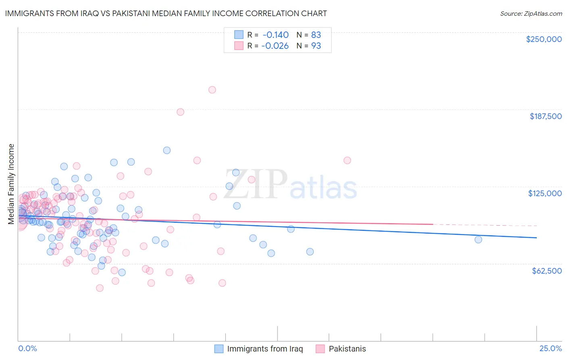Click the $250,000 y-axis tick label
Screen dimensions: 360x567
pos(544,39)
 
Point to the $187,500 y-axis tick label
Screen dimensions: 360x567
pos(545,116)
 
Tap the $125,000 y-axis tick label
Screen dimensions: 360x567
pos(545,193)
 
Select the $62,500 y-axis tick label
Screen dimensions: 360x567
pos(546,270)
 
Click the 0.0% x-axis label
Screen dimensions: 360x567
pos(27,348)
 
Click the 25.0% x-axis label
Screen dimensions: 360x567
pos(550,348)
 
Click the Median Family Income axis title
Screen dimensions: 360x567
pos(11,184)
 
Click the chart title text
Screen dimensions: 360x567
pos(166,13)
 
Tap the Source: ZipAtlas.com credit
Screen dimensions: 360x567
pos(531,13)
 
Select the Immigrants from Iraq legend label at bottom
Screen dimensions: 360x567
pos(265,349)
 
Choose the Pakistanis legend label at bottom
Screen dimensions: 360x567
pos(347,349)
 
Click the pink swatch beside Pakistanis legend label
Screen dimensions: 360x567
pos(320,349)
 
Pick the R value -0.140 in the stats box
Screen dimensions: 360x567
pos(275,35)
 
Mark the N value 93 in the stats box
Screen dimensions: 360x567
pos(316,46)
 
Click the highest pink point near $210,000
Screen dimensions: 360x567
pos(212,90)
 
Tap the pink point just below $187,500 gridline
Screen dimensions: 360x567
pos(180,112)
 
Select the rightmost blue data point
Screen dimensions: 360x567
pos(478,239)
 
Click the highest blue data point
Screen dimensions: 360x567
pos(167,150)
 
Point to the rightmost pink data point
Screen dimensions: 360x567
pos(347,160)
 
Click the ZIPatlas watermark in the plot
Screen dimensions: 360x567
pos(290,185)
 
